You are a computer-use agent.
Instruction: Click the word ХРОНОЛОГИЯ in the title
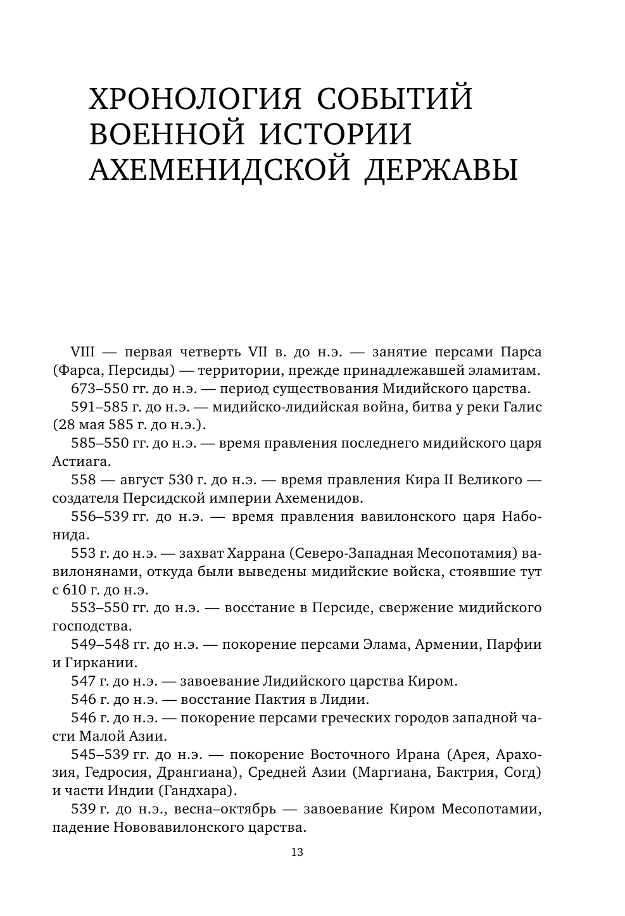point(190,99)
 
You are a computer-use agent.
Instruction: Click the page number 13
point(297,851)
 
